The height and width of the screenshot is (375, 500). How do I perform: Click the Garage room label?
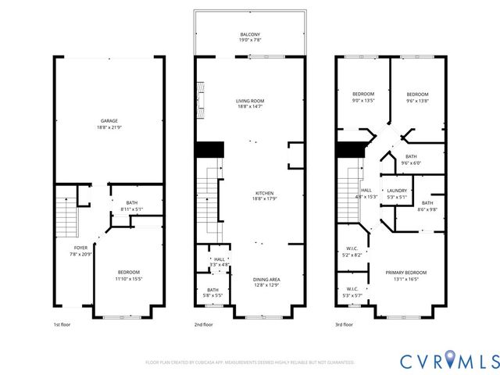pos(109,123)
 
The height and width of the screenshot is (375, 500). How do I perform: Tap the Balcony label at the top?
pos(250,37)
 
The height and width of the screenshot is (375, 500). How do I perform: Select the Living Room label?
pos(250,104)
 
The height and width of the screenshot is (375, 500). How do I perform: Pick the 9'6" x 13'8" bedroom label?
pos(416,97)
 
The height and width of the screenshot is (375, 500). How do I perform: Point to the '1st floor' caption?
pos(62,324)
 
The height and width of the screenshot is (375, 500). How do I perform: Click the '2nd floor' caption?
pos(203,324)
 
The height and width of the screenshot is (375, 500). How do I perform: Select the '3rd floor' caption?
pos(345,324)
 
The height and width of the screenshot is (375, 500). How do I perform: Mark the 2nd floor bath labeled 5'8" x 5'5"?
pos(208,293)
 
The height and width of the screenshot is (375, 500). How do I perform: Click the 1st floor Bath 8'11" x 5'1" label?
pos(131,206)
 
